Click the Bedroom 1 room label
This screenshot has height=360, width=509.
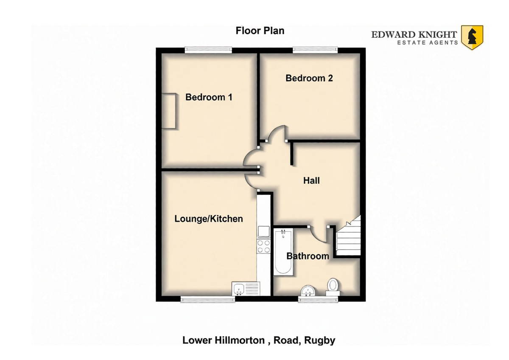[209, 97]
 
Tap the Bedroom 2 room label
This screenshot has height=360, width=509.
[309, 78]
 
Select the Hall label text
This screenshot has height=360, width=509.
[311, 180]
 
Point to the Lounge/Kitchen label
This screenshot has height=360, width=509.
[209, 219]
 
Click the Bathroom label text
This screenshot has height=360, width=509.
[308, 256]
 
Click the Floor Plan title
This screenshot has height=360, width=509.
[260, 31]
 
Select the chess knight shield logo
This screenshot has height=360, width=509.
[472, 37]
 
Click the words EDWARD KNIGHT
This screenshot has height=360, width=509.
[414, 35]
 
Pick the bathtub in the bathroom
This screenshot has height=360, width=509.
[283, 252]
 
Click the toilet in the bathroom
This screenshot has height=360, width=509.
[333, 287]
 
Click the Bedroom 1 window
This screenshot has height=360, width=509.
[208, 50]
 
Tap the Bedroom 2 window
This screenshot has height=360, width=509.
[315, 50]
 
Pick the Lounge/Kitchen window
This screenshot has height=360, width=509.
[208, 299]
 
